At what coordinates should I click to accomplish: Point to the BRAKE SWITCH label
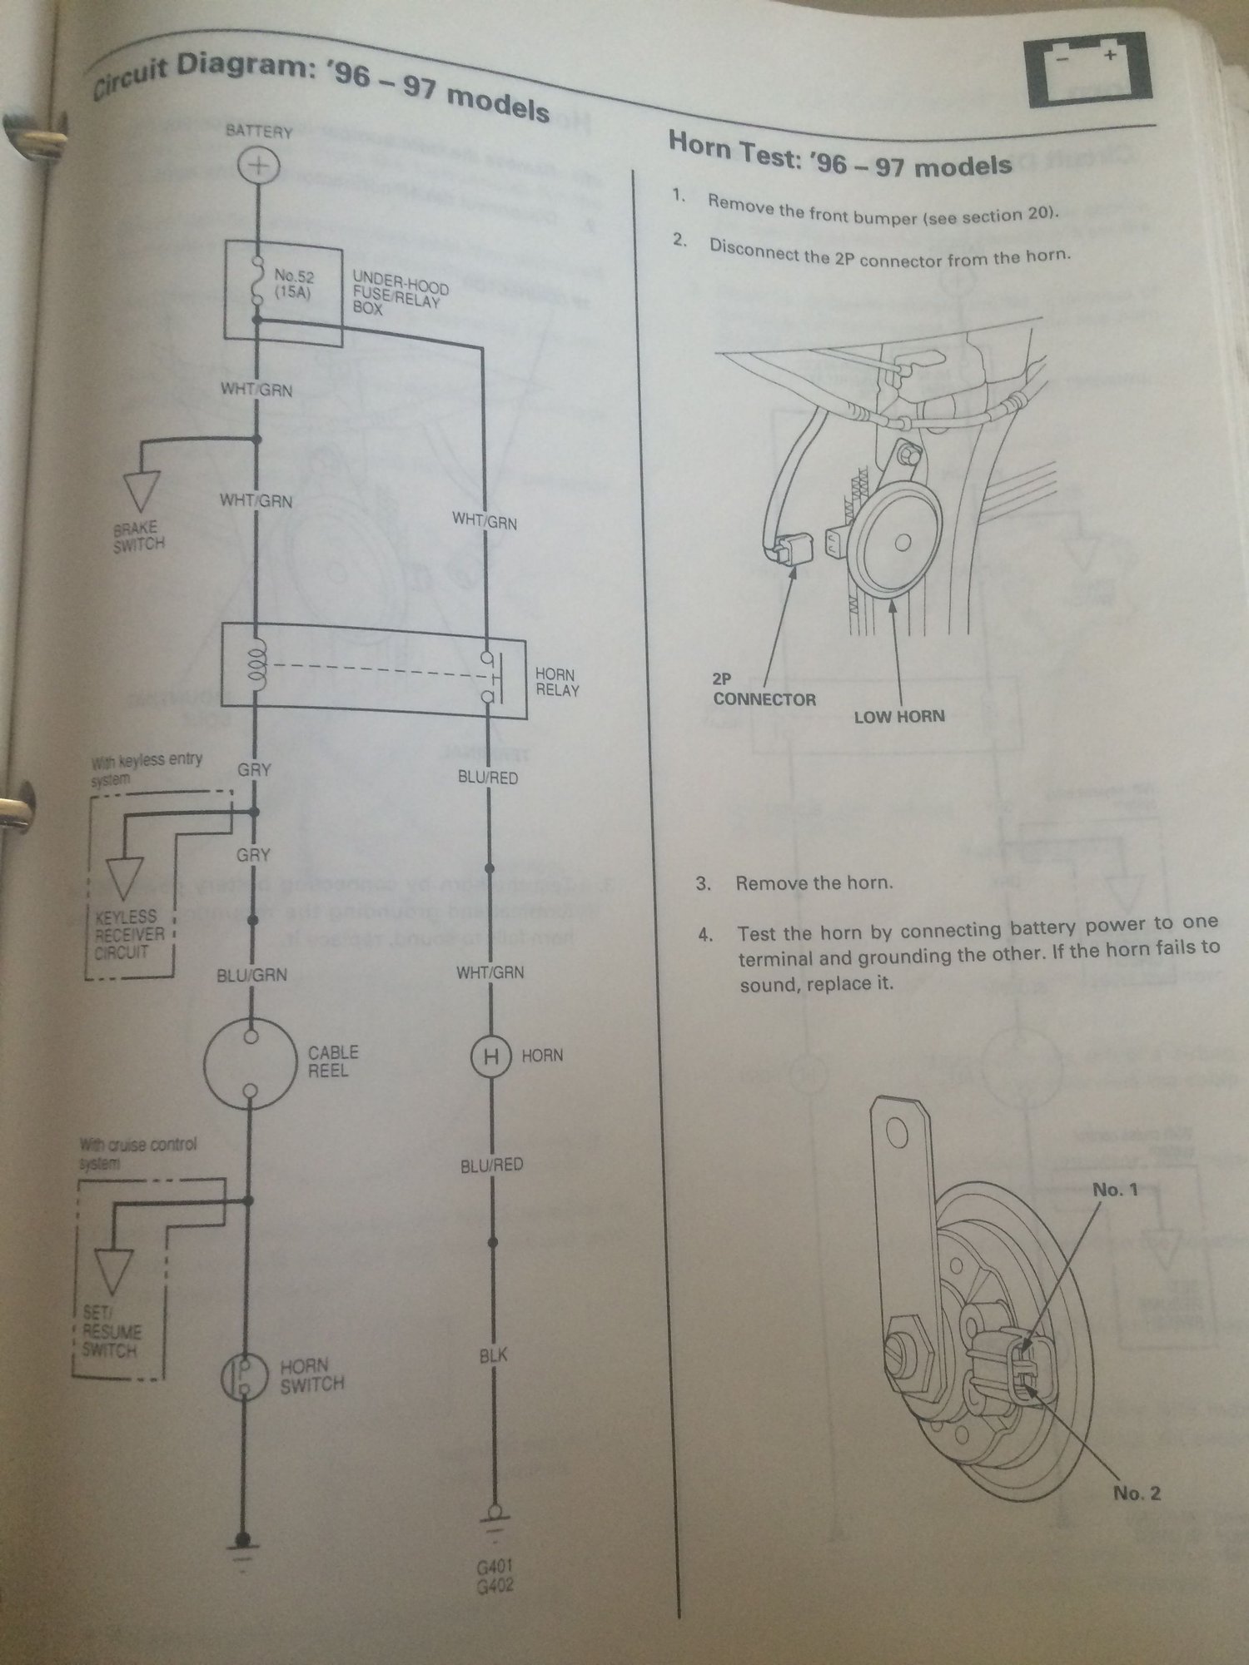point(138,535)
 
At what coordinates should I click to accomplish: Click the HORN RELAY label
point(555,682)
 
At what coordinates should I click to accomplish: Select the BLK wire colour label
point(493,1356)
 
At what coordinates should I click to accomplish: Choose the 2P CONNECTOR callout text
point(764,689)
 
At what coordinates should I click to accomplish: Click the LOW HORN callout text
point(899,715)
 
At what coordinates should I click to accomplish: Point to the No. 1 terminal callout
point(1114,1190)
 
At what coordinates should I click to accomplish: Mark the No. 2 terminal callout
point(1137,1494)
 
